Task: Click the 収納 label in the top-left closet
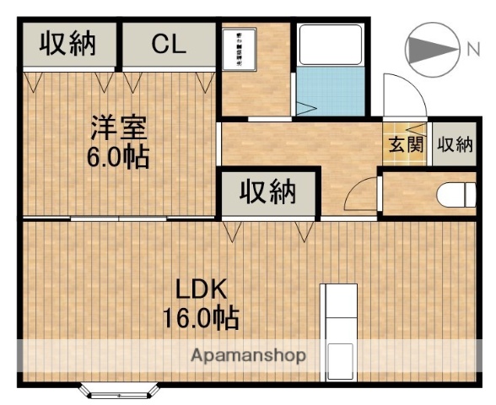pyautogui.click(x=65, y=43)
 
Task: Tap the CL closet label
pyautogui.click(x=168, y=44)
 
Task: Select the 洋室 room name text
pyautogui.click(x=120, y=129)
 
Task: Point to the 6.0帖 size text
pyautogui.click(x=120, y=156)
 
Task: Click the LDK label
pyautogui.click(x=201, y=289)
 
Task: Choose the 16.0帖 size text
pyautogui.click(x=201, y=318)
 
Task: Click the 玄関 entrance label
pyautogui.click(x=405, y=143)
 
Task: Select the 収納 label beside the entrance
pyautogui.click(x=454, y=143)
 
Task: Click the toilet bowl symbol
pyautogui.click(x=456, y=195)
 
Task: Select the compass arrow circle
pyautogui.click(x=429, y=48)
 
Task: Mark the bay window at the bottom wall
pyautogui.click(x=120, y=390)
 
